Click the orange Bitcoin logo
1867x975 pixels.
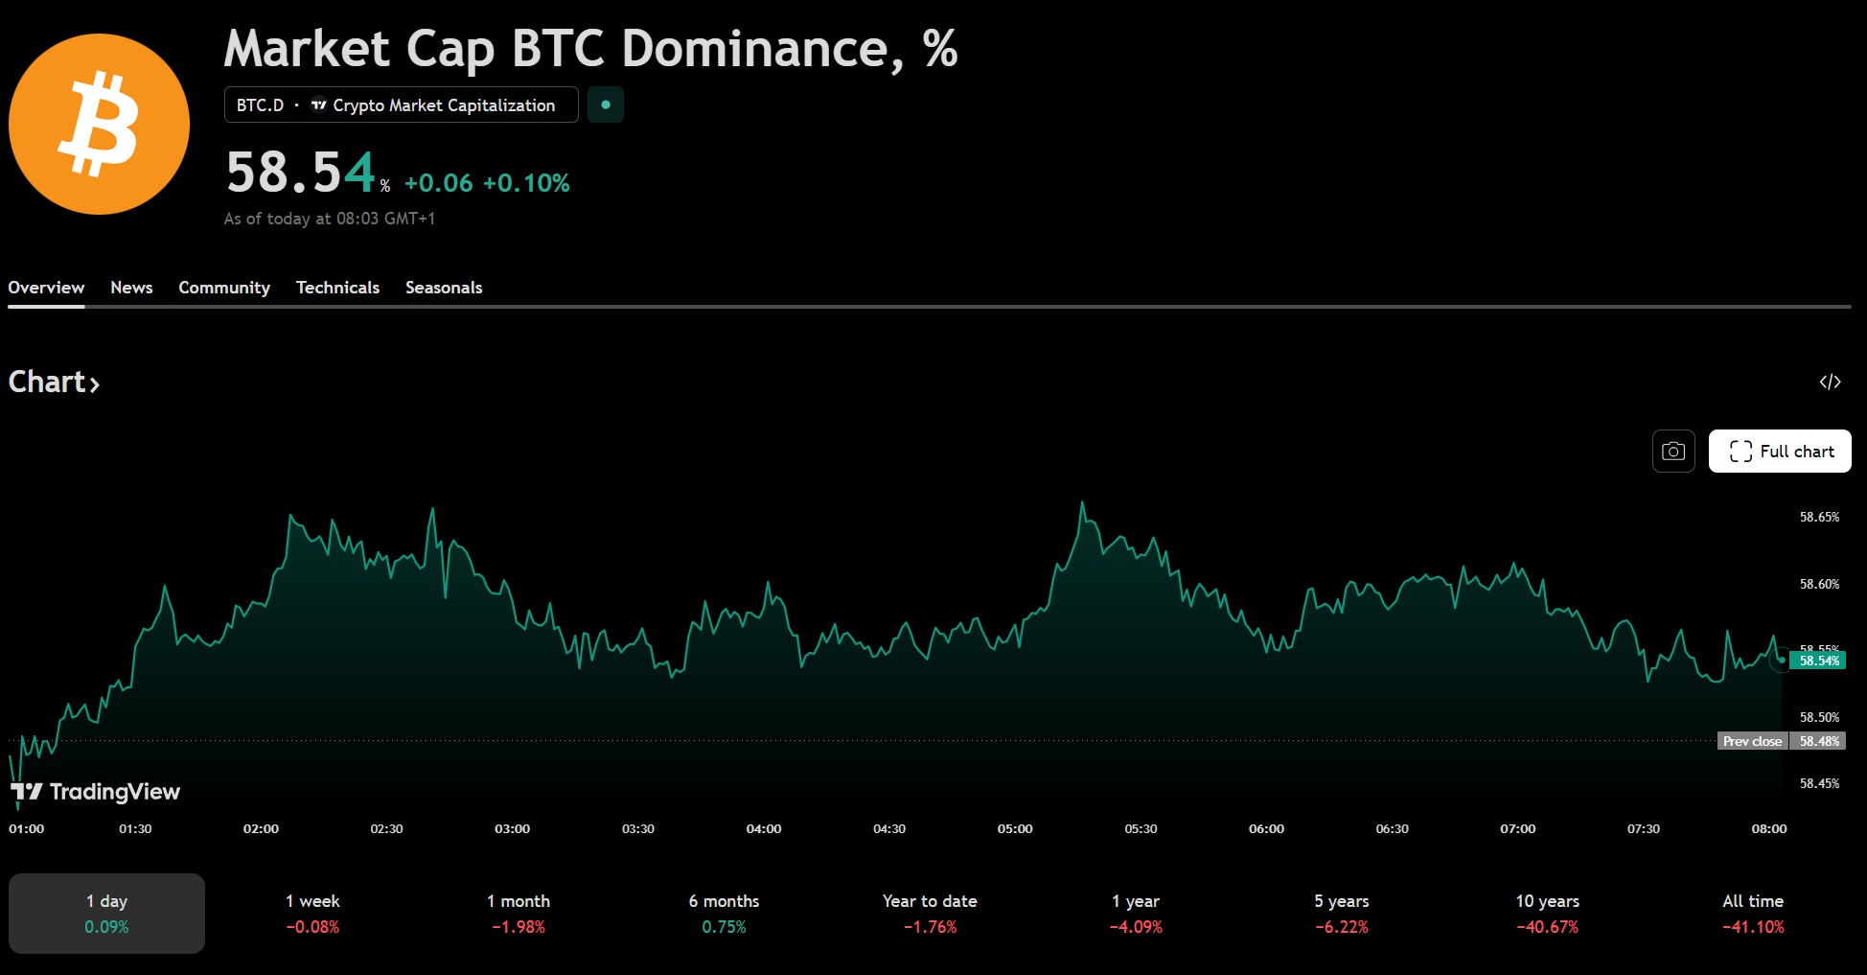(100, 124)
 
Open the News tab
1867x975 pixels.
(131, 288)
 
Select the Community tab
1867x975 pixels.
(224, 288)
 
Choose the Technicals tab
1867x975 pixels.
(337, 288)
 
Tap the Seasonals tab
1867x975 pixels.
(444, 288)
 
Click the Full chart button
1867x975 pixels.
(1780, 452)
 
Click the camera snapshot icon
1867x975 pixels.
(1673, 452)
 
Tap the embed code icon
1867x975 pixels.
(1830, 383)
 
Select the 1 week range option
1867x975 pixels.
(312, 913)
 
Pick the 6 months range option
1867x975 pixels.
(724, 913)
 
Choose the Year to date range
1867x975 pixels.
(930, 913)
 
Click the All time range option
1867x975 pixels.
(1753, 913)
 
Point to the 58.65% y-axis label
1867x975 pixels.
(1819, 518)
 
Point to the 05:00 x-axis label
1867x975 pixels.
(1015, 829)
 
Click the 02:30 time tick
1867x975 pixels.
(386, 829)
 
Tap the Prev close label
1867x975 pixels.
(1752, 741)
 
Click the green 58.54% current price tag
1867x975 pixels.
(1818, 661)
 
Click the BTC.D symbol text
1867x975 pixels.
(260, 105)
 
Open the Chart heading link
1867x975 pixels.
(54, 383)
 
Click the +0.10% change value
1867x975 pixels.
(526, 183)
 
